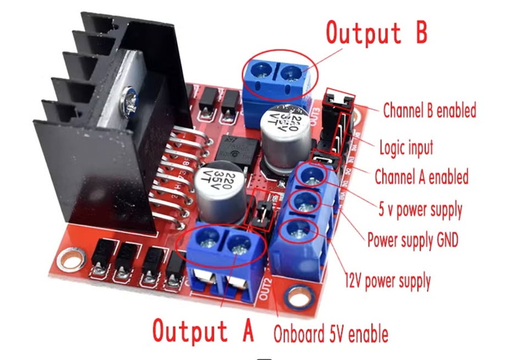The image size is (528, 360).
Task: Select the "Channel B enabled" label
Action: (x=429, y=110)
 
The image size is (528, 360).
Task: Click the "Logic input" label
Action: (x=406, y=147)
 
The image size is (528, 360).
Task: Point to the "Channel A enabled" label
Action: (x=421, y=177)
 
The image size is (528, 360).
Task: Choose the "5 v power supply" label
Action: (x=420, y=209)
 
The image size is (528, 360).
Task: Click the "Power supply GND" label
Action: (x=413, y=240)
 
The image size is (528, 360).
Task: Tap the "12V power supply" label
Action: (x=387, y=281)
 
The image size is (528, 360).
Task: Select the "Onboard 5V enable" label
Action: (x=331, y=334)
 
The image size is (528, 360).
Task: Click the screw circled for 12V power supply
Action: (x=299, y=231)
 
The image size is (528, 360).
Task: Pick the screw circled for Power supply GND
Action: (x=305, y=203)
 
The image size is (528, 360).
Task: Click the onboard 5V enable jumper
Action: (x=262, y=211)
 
